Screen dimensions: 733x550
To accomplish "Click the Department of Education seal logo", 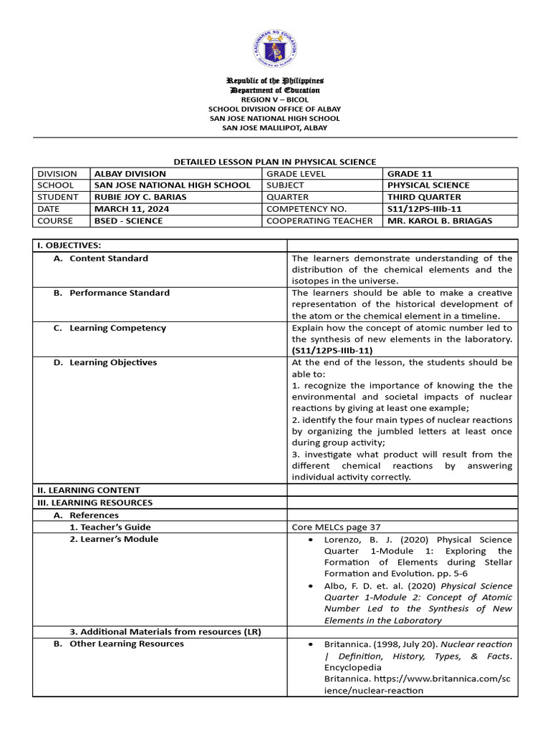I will coord(274,49).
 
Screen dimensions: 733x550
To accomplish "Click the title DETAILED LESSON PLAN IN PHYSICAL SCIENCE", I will coord(275,162).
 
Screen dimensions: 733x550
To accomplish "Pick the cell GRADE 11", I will coord(410,173).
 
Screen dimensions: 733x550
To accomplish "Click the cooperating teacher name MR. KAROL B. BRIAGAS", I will coord(439,220).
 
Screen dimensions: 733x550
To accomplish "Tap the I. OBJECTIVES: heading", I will coord(69,246).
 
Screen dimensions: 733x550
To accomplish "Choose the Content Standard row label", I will coord(108,258).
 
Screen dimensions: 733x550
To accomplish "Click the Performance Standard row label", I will coord(120,293).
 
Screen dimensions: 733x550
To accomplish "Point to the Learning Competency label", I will coord(117,328).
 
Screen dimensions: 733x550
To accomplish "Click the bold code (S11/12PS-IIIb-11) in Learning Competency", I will coord(332,351).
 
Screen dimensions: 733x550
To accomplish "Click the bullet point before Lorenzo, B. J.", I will coord(309,540).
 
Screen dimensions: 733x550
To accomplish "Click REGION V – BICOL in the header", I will coord(274,99).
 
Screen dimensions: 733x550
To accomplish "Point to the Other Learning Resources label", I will coord(126,644).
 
